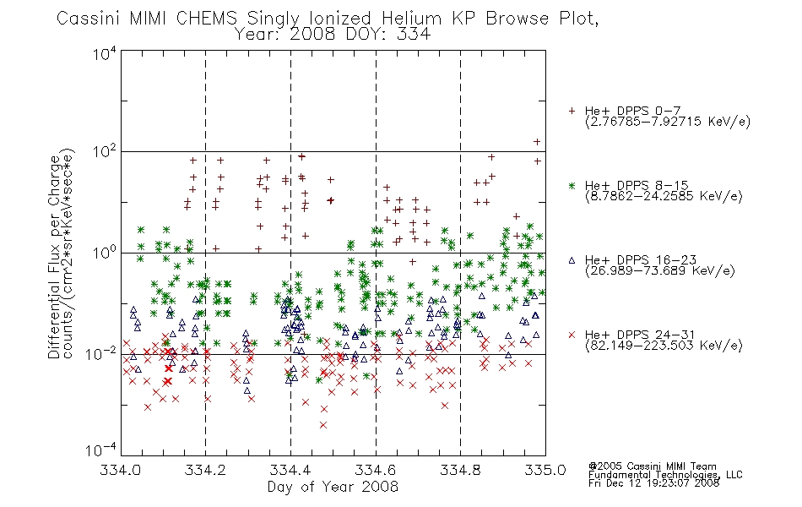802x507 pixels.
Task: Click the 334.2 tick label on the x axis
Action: pyautogui.click(x=205, y=470)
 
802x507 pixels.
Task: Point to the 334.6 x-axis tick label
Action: pyautogui.click(x=376, y=470)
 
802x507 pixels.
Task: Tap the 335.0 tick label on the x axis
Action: pyautogui.click(x=545, y=470)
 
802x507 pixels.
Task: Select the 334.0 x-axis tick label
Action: pyautogui.click(x=121, y=470)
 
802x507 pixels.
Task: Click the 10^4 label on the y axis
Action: pyautogui.click(x=105, y=53)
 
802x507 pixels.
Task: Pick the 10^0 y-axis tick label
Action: pyautogui.click(x=105, y=253)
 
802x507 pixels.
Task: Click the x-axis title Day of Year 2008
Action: pyautogui.click(x=333, y=487)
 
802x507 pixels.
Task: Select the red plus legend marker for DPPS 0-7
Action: pyautogui.click(x=572, y=111)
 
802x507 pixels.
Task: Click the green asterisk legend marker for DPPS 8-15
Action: pyautogui.click(x=572, y=185)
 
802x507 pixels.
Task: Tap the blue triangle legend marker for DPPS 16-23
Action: pyautogui.click(x=572, y=260)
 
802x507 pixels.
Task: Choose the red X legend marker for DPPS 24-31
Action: pyautogui.click(x=572, y=335)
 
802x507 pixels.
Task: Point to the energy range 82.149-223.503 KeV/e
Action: pyautogui.click(x=664, y=346)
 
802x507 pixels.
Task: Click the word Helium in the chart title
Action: pyautogui.click(x=412, y=19)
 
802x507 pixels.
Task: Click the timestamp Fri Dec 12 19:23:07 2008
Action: pyautogui.click(x=653, y=483)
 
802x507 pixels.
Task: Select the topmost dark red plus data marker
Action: pyautogui.click(x=537, y=142)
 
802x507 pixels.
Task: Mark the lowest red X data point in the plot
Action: pyautogui.click(x=323, y=425)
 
